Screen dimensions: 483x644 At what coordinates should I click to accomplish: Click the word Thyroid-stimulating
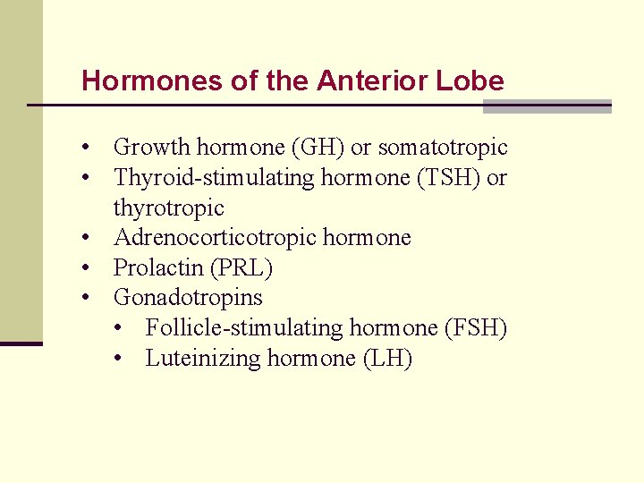(x=201, y=177)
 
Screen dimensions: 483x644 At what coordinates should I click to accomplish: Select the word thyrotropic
(x=169, y=208)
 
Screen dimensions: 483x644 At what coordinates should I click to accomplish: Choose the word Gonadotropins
(x=188, y=297)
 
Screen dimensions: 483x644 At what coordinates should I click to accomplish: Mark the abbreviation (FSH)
(x=476, y=327)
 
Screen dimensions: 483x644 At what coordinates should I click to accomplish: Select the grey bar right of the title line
(x=547, y=106)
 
